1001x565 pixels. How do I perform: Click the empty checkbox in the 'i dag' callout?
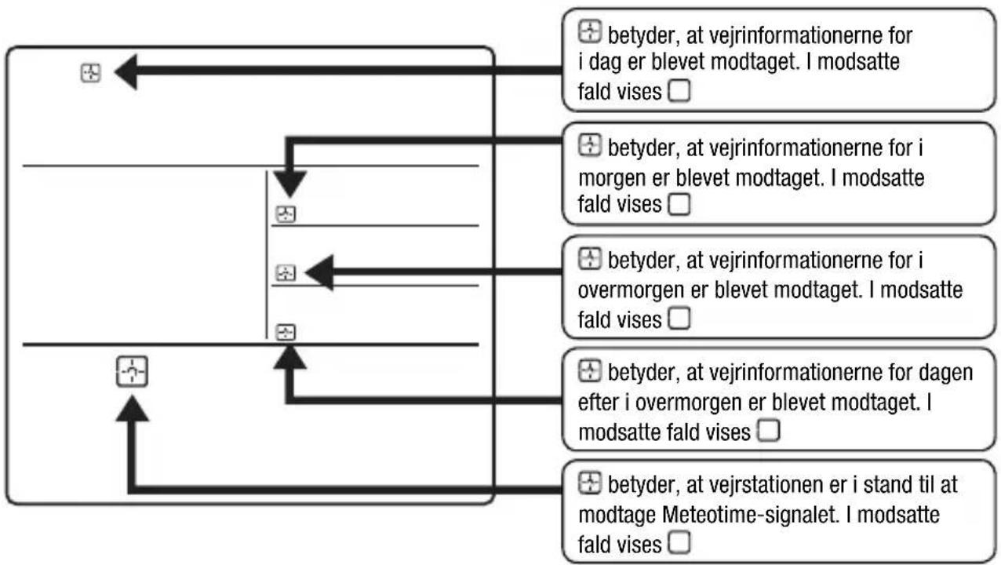tap(679, 90)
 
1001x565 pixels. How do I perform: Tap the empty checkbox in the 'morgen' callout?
tap(679, 204)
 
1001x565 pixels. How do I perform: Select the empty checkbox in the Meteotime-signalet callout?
tap(679, 542)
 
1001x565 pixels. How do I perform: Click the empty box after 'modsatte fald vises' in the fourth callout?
tap(768, 430)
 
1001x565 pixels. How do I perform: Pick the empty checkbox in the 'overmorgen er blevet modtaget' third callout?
tap(679, 318)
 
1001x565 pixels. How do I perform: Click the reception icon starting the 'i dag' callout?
tap(590, 31)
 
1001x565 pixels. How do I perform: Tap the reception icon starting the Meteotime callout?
tap(590, 483)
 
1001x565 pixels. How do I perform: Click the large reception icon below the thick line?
tap(132, 371)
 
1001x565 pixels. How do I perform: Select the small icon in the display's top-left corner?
tap(91, 73)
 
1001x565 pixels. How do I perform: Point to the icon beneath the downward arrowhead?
tap(286, 214)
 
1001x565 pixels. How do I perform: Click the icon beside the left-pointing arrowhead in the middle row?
tap(286, 272)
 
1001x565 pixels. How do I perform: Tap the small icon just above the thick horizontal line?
tap(286, 332)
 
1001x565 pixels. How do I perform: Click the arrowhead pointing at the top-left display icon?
tap(126, 71)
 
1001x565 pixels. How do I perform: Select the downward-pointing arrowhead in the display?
tap(290, 184)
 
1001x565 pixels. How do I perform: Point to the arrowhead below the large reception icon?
tap(132, 409)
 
